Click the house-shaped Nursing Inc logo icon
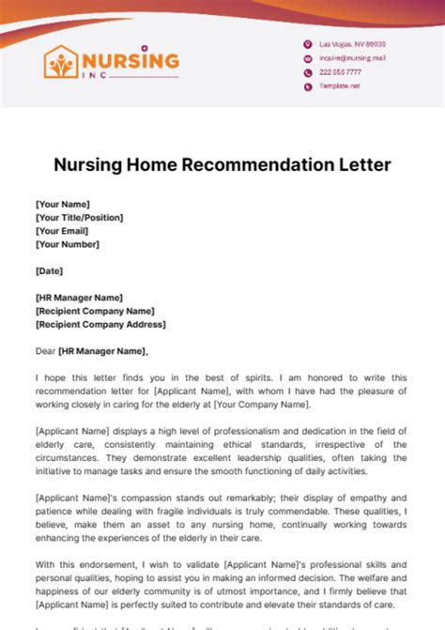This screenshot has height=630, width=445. point(63,62)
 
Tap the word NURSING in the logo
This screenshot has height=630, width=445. point(130,60)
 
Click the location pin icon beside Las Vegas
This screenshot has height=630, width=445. point(307,44)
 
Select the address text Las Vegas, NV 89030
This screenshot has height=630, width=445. point(352,44)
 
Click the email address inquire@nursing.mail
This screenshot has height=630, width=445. point(352,58)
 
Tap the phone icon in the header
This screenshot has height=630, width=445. point(307,71)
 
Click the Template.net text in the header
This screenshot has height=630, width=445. point(340,85)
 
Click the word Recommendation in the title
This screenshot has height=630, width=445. point(273,165)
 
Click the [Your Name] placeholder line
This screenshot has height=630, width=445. point(62,204)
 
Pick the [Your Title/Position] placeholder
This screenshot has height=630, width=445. point(79,217)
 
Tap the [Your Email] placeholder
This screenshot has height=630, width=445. point(62,230)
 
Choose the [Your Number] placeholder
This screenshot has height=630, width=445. point(66,244)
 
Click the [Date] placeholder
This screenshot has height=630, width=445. point(49,270)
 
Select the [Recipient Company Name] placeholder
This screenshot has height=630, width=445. point(95,311)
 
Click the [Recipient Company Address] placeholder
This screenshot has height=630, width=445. point(100,324)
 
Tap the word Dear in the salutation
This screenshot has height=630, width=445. point(46,351)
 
